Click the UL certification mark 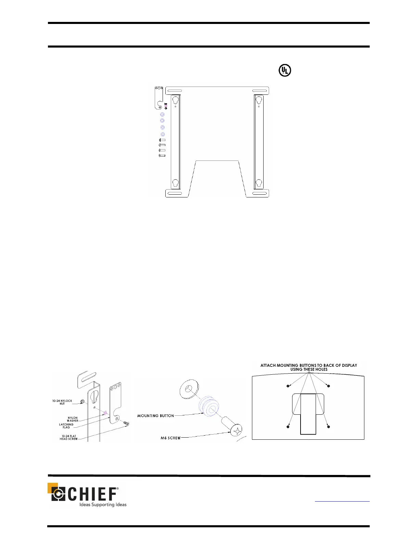(x=285, y=70)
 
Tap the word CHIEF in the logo (x=92, y=494)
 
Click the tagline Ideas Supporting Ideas (x=103, y=505)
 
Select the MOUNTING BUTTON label (x=155, y=416)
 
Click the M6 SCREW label (x=170, y=438)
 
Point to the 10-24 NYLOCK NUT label (x=62, y=402)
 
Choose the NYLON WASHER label (x=73, y=419)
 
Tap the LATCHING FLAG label (x=66, y=426)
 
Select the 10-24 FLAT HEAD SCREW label (x=68, y=438)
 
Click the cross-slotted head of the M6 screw (x=236, y=430)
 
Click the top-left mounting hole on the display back (x=288, y=386)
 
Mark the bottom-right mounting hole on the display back (x=328, y=427)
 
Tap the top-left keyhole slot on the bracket (x=175, y=100)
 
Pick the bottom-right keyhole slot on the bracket (x=258, y=183)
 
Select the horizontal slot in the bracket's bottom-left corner (x=174, y=193)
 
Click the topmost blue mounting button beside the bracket (x=162, y=115)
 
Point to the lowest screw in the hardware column (x=162, y=156)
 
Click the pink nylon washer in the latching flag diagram (x=105, y=413)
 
